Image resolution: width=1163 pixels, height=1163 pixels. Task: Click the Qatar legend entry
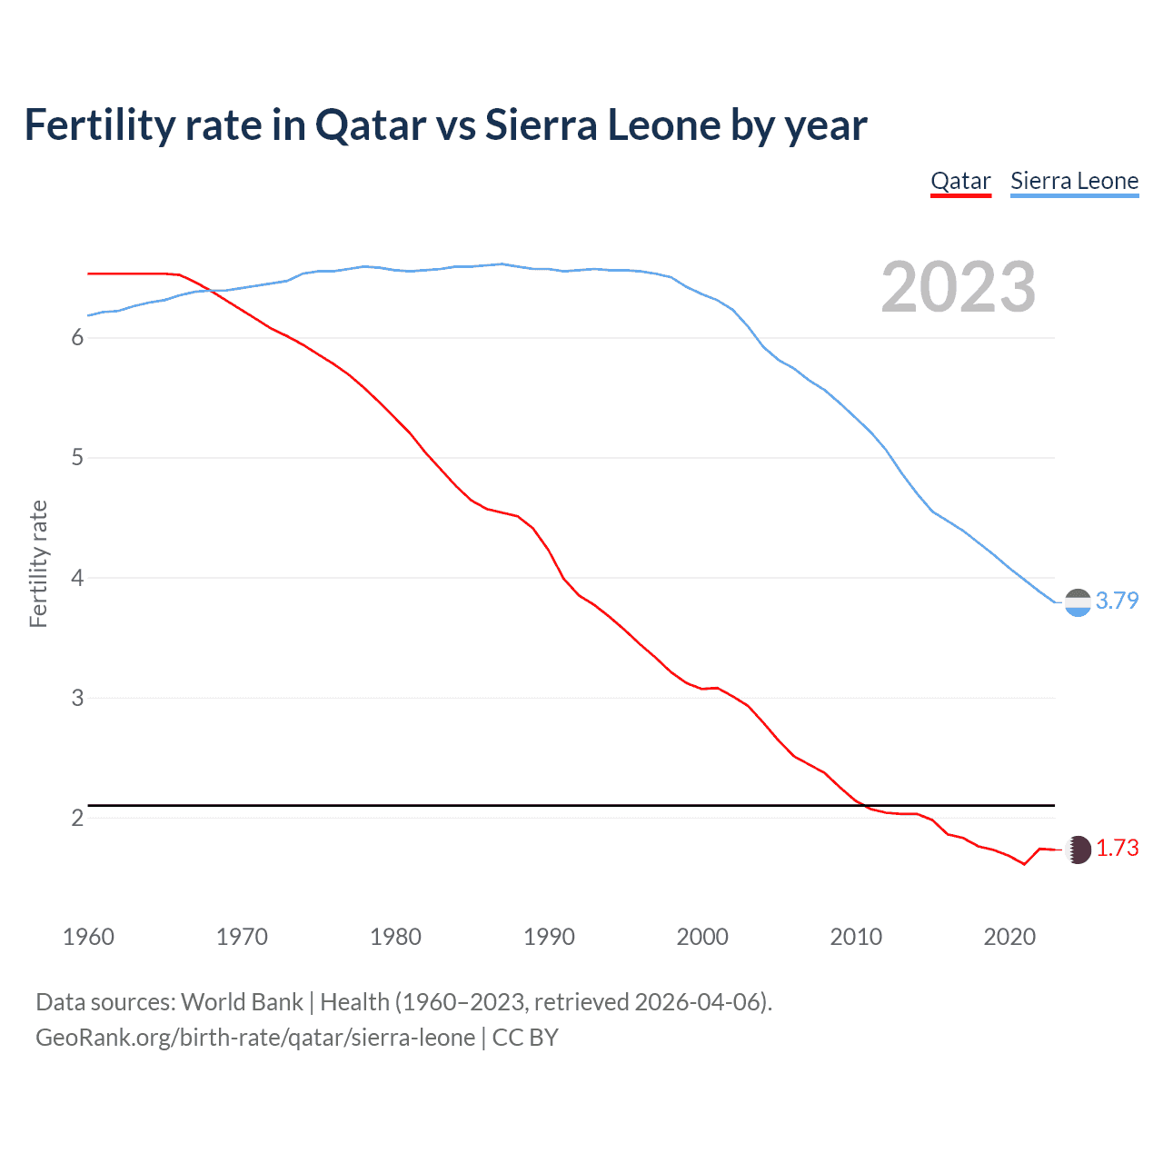[x=960, y=181]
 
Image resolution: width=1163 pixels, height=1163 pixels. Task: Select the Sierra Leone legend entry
[x=1074, y=181]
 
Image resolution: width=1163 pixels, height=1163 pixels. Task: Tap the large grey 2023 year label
[x=958, y=287]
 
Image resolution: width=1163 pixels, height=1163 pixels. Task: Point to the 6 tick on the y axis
[x=77, y=338]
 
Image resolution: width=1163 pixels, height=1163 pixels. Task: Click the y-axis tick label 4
[x=77, y=578]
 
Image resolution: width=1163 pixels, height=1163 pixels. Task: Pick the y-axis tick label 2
[x=77, y=818]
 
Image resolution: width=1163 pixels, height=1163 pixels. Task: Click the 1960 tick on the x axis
[x=88, y=937]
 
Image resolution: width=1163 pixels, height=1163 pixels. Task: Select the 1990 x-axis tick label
[x=549, y=937]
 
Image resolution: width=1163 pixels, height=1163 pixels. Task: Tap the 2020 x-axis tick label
[x=1009, y=937]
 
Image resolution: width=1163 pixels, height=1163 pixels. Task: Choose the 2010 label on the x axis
[x=856, y=937]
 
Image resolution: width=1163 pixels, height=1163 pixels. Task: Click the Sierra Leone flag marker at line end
[x=1077, y=602]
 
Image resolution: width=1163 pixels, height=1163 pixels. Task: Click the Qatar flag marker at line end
[x=1077, y=850]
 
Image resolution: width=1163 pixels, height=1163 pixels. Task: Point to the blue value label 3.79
[x=1117, y=601]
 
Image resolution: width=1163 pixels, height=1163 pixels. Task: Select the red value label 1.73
[x=1117, y=848]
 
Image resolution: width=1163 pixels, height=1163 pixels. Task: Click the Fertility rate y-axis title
[x=38, y=563]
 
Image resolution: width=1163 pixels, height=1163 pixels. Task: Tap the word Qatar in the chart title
[x=371, y=125]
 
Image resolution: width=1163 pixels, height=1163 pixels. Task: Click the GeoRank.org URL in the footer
[x=254, y=1038]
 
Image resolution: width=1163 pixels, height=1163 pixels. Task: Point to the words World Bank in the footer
[x=242, y=1002]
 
